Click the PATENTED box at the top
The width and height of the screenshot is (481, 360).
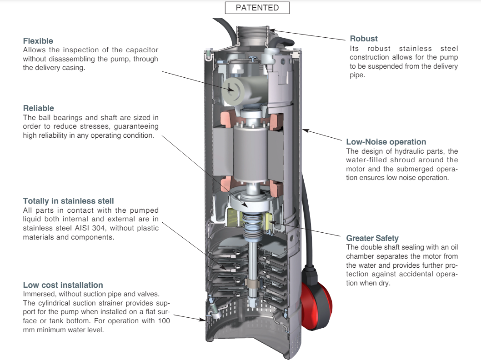click(x=257, y=8)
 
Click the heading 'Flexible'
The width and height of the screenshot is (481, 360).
click(x=38, y=41)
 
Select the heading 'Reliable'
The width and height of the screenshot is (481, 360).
click(x=38, y=108)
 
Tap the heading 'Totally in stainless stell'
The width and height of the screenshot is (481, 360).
click(x=68, y=201)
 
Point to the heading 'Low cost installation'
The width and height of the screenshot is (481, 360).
click(x=63, y=285)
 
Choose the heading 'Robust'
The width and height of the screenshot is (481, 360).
click(x=364, y=39)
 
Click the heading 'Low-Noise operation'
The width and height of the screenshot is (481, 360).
click(x=386, y=142)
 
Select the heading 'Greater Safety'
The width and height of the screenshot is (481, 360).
click(x=372, y=238)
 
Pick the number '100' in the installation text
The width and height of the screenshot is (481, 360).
click(x=164, y=321)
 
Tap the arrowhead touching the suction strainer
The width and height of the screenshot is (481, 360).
click(x=203, y=320)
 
